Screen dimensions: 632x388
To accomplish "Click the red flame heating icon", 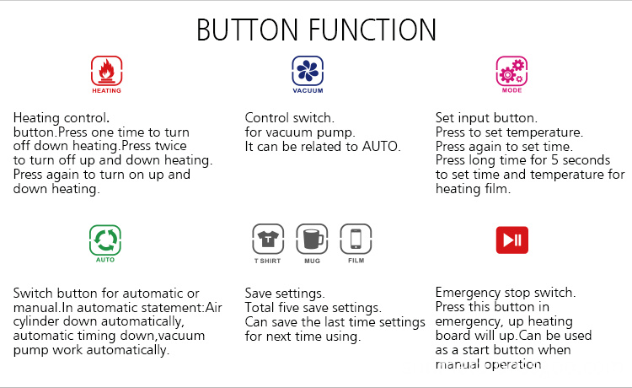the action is pos(106,71).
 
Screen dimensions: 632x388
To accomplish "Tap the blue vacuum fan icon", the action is pos(308,71).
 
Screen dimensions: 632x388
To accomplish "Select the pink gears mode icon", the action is pos(511,71).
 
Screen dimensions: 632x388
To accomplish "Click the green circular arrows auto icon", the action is pos(105,240).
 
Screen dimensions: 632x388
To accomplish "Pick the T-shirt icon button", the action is pos(268,240).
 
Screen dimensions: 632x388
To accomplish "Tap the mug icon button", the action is pos(312,240).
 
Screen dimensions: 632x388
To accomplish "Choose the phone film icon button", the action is pos(356,240).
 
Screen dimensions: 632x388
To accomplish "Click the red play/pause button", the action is pos(511,240).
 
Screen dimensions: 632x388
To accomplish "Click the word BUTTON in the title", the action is pos(248,30).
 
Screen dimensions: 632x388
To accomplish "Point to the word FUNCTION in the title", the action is pos(373,30).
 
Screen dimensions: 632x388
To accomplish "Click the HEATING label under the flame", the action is pos(106,91).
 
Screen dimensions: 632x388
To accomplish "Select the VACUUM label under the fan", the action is pos(308,91).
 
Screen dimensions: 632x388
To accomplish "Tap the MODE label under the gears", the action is pos(511,90).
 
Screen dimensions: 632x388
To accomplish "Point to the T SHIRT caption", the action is pos(268,261).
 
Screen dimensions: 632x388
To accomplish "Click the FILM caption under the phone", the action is pos(356,261).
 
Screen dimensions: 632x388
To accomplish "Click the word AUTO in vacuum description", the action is pos(380,146).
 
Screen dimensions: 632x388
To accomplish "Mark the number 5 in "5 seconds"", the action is pos(554,160).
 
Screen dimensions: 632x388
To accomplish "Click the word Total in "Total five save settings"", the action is pos(260,307).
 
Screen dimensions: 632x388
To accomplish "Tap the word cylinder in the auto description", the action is pos(36,322).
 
